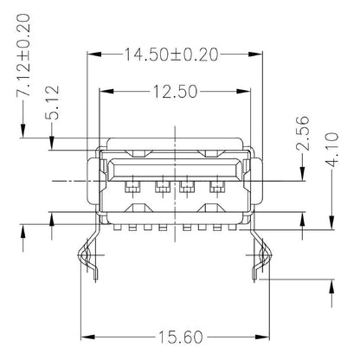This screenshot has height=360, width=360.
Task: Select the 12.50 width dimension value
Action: click(173, 90)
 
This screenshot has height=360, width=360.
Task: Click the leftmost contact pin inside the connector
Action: click(132, 186)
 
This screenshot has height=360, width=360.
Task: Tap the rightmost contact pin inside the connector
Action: click(215, 186)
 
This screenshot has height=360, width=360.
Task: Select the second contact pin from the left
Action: click(160, 186)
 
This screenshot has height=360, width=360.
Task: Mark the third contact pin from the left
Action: click(187, 186)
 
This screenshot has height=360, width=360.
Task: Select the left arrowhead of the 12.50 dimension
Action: click(105, 90)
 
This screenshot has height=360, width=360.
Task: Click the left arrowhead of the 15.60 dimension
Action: click(84, 336)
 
